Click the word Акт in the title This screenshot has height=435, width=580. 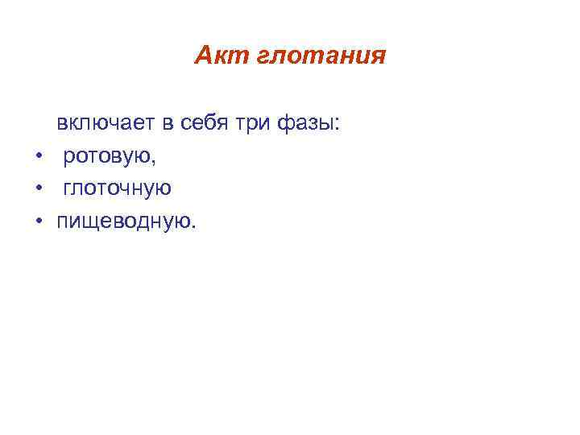click(215, 56)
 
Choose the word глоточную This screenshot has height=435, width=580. click(118, 188)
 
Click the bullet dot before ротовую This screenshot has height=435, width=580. click(38, 157)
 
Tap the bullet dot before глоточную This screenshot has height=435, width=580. click(38, 189)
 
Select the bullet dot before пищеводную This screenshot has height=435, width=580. click(38, 221)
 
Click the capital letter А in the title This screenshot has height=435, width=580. click(202, 56)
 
